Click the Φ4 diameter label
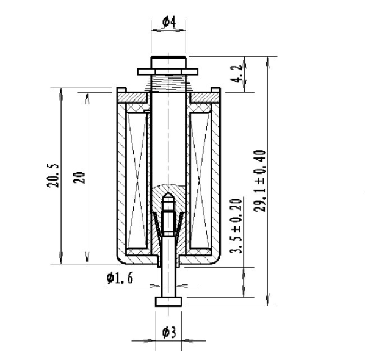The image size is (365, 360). tap(169, 22)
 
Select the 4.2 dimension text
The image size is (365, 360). tap(236, 74)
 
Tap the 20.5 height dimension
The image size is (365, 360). tap(53, 176)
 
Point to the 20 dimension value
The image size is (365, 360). tap(79, 178)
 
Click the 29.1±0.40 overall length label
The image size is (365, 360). tap(259, 181)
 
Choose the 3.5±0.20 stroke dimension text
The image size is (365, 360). tap(236, 226)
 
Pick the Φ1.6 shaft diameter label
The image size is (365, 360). tap(120, 278)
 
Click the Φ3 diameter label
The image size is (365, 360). tap(169, 333)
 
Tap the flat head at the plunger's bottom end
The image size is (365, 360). tap(168, 302)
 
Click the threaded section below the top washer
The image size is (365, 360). tap(168, 83)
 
